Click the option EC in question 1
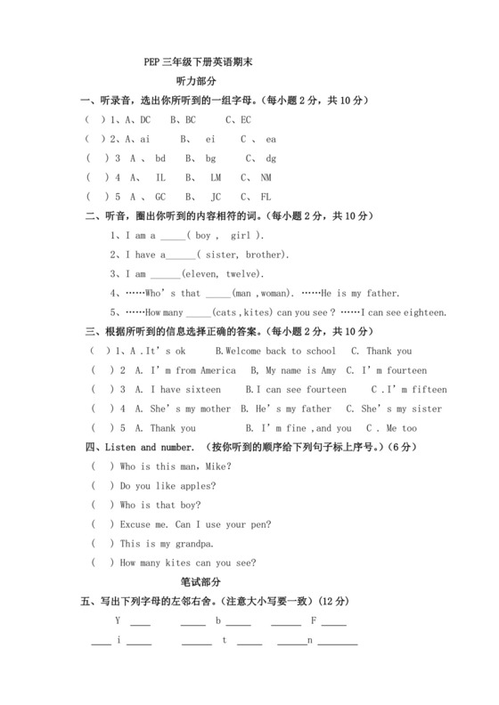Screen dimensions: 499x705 tap(245, 119)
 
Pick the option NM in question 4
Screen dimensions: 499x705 tap(266, 177)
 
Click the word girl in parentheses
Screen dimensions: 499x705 tap(241, 236)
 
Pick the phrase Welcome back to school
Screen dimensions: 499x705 tap(280, 351)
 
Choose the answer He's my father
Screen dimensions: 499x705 tap(293, 409)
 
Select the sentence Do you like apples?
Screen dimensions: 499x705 tap(168, 486)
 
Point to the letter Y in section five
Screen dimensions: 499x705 tap(118, 620)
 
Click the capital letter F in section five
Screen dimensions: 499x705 tap(314, 620)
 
